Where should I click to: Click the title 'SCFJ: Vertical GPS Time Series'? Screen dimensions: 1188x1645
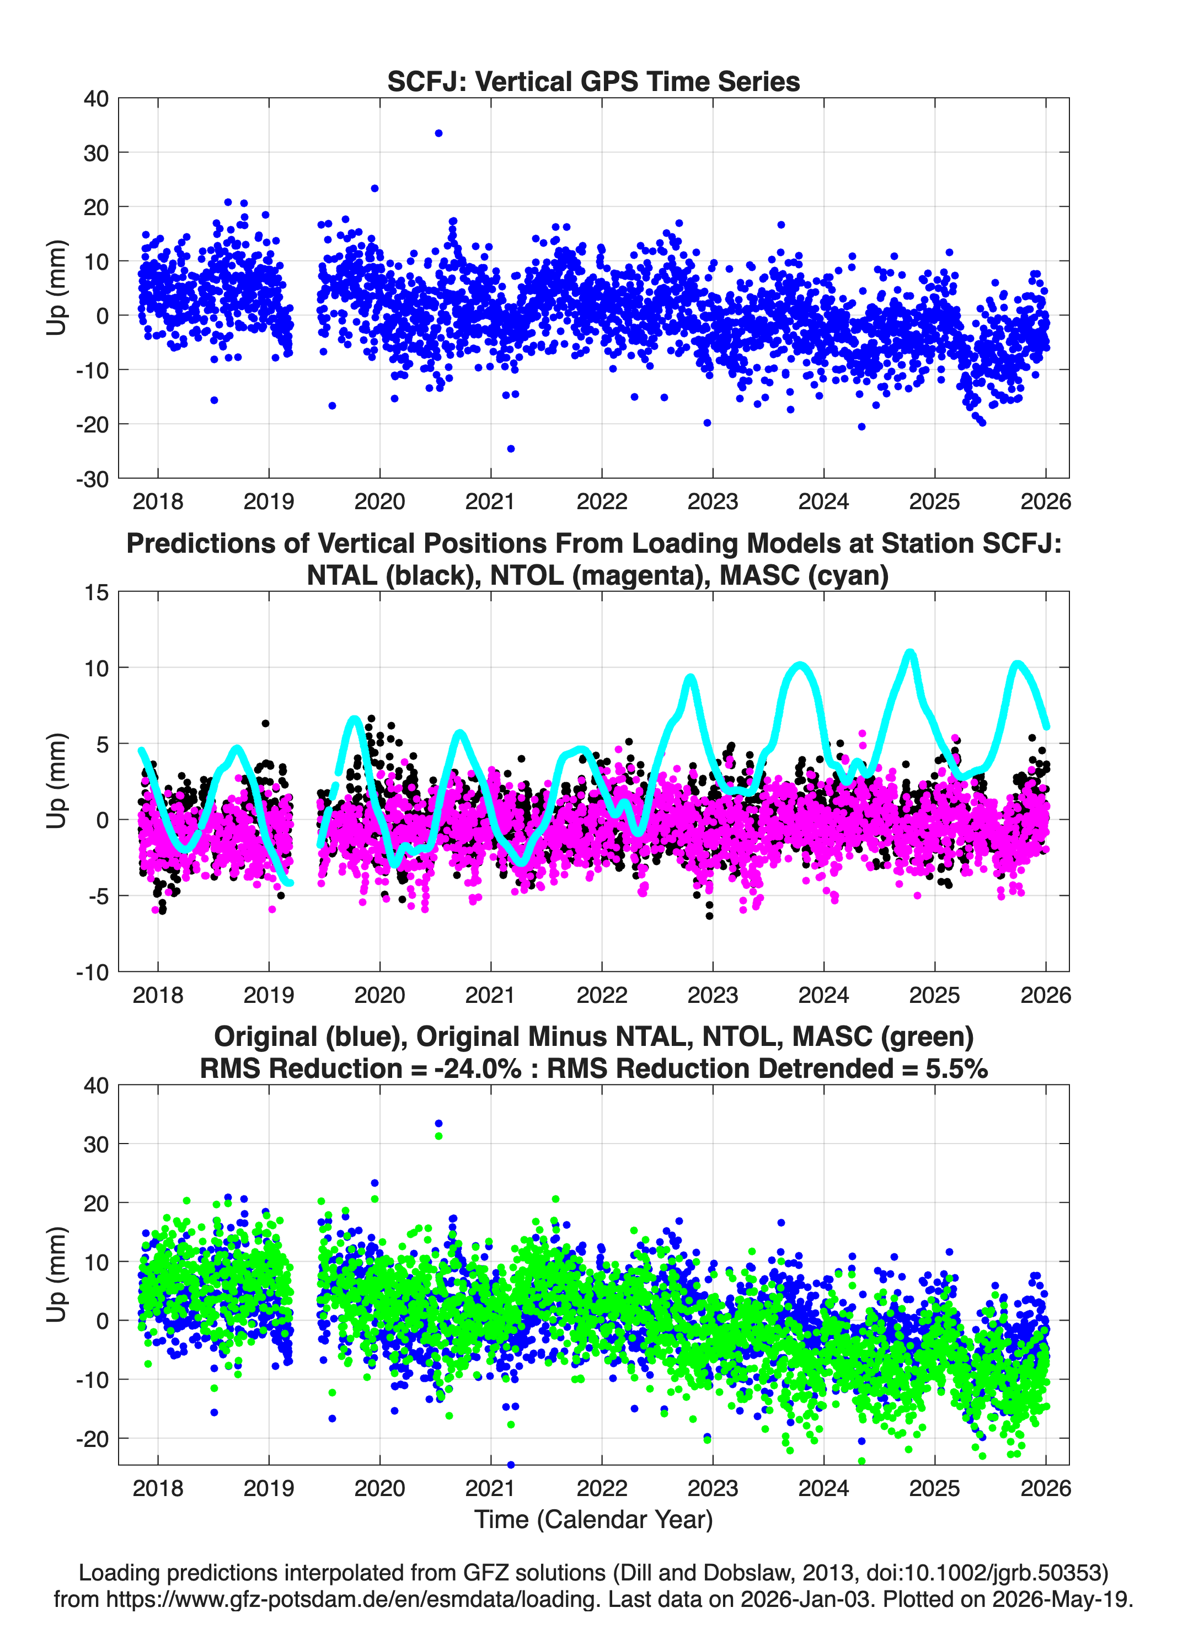(593, 81)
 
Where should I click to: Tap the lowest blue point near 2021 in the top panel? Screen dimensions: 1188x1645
(511, 449)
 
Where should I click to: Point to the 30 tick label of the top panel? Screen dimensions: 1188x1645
(96, 153)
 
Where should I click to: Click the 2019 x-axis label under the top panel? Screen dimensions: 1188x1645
(269, 501)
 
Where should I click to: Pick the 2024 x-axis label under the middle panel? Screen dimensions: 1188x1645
(824, 995)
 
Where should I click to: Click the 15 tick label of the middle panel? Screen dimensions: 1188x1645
(97, 592)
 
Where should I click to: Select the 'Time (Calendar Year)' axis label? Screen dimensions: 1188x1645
(594, 1519)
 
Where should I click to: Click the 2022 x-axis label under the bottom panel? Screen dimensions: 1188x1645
(602, 1488)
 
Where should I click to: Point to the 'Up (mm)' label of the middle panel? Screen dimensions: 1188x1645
(57, 781)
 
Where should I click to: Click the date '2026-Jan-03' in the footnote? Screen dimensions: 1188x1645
(805, 1599)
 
